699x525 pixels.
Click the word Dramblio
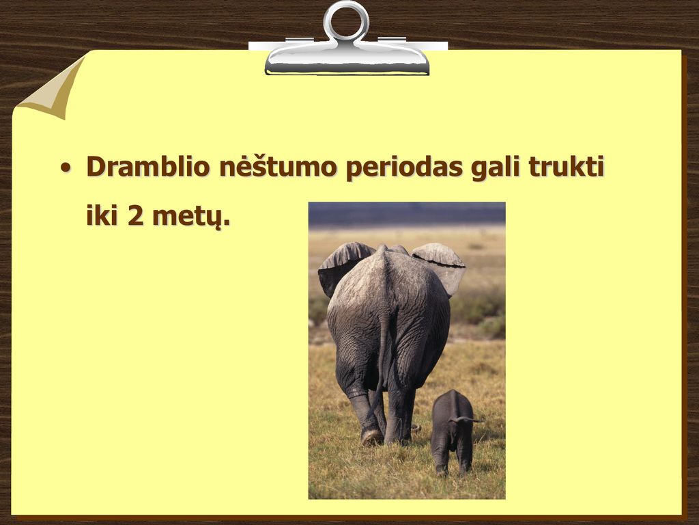coord(148,166)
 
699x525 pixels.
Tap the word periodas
coord(404,168)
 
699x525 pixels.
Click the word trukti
coord(566,166)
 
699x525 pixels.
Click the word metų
coord(191,217)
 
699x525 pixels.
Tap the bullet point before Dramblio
coord(66,168)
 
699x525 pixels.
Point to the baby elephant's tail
coord(467,419)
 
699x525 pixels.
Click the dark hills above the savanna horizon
coord(407,215)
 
